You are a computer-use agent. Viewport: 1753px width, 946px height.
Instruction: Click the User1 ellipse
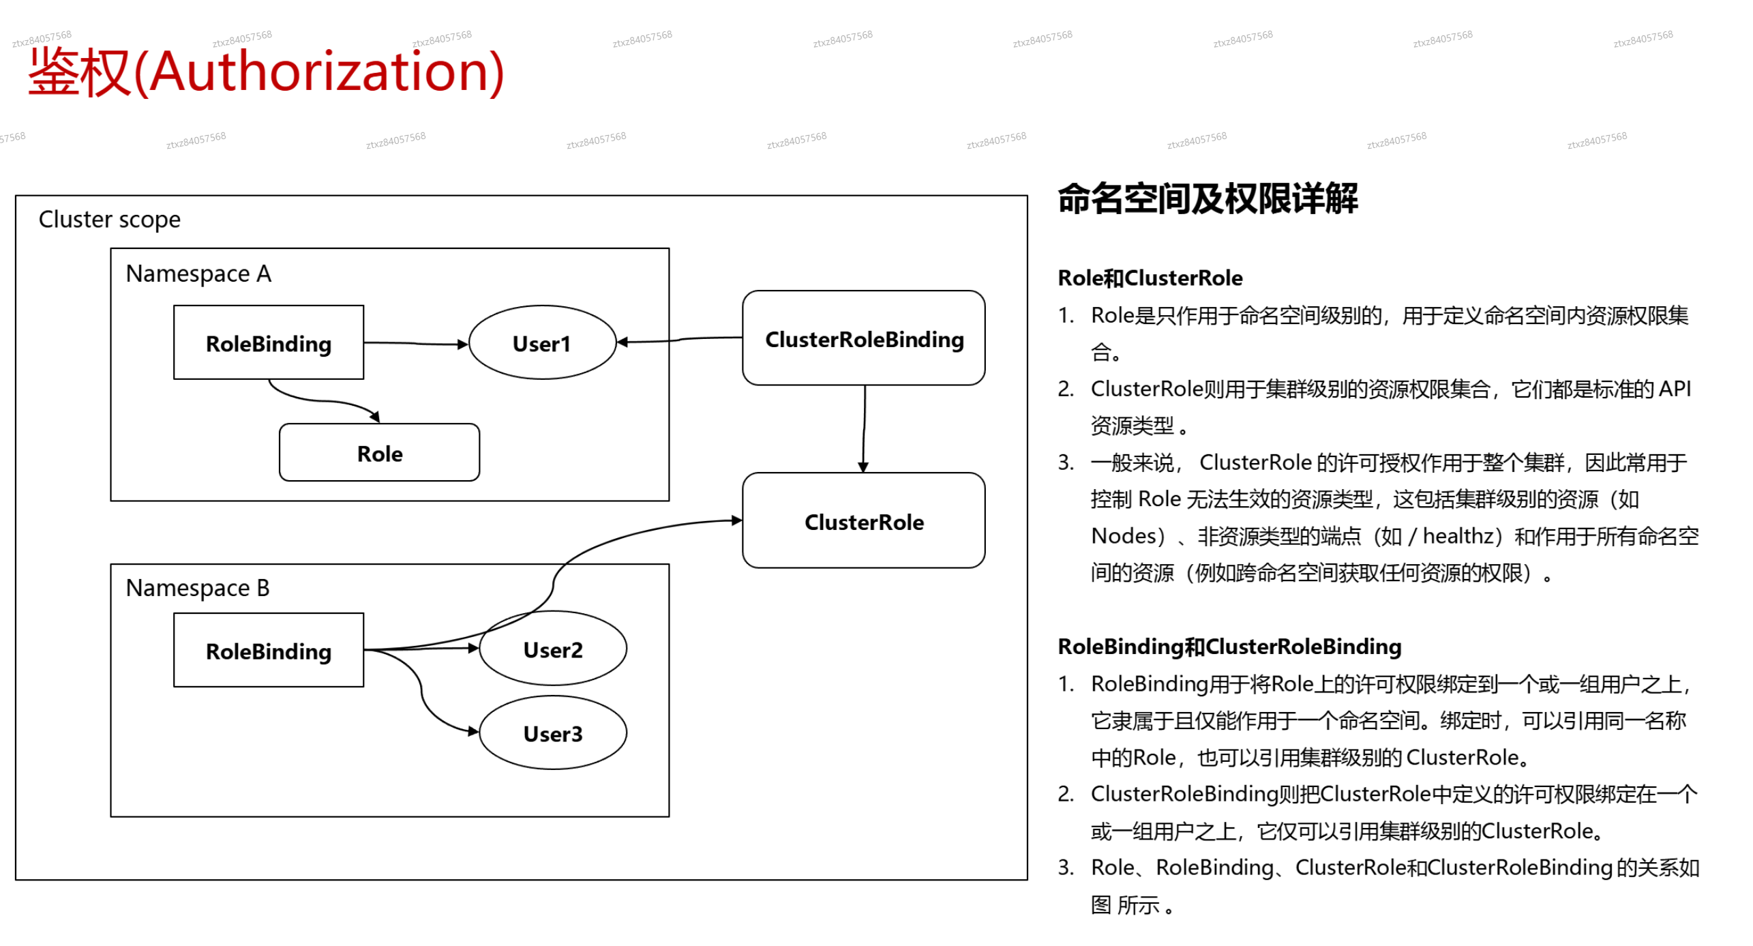point(541,342)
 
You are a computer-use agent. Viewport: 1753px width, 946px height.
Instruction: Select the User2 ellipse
point(552,649)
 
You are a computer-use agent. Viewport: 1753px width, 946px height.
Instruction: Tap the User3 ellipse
point(552,733)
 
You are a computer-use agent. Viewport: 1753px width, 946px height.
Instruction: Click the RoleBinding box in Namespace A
point(268,342)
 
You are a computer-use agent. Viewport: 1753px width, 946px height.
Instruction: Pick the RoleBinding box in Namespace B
point(268,650)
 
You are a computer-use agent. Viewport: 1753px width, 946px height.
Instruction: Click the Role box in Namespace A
point(379,453)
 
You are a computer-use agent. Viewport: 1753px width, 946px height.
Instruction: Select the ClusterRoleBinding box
point(863,338)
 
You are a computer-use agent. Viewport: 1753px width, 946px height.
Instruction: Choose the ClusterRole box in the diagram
point(863,521)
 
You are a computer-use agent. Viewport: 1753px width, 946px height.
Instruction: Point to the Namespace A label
point(198,274)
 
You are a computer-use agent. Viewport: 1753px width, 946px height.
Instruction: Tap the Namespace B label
point(198,587)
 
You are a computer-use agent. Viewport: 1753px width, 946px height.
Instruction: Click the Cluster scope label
point(109,220)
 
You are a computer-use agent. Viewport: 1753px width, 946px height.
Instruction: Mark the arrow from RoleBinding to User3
point(422,696)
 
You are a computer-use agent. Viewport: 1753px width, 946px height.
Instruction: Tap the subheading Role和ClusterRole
point(1150,278)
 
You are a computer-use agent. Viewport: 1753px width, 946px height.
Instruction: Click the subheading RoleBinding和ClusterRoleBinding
point(1229,646)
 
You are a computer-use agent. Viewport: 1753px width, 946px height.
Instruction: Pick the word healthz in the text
point(1458,536)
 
